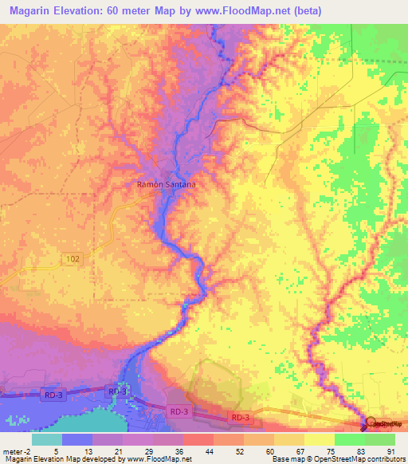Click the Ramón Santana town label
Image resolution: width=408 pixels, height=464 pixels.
coord(167,183)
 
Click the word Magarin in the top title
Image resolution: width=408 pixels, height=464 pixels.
coord(33,9)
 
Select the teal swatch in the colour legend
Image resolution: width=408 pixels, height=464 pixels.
coord(47,439)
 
